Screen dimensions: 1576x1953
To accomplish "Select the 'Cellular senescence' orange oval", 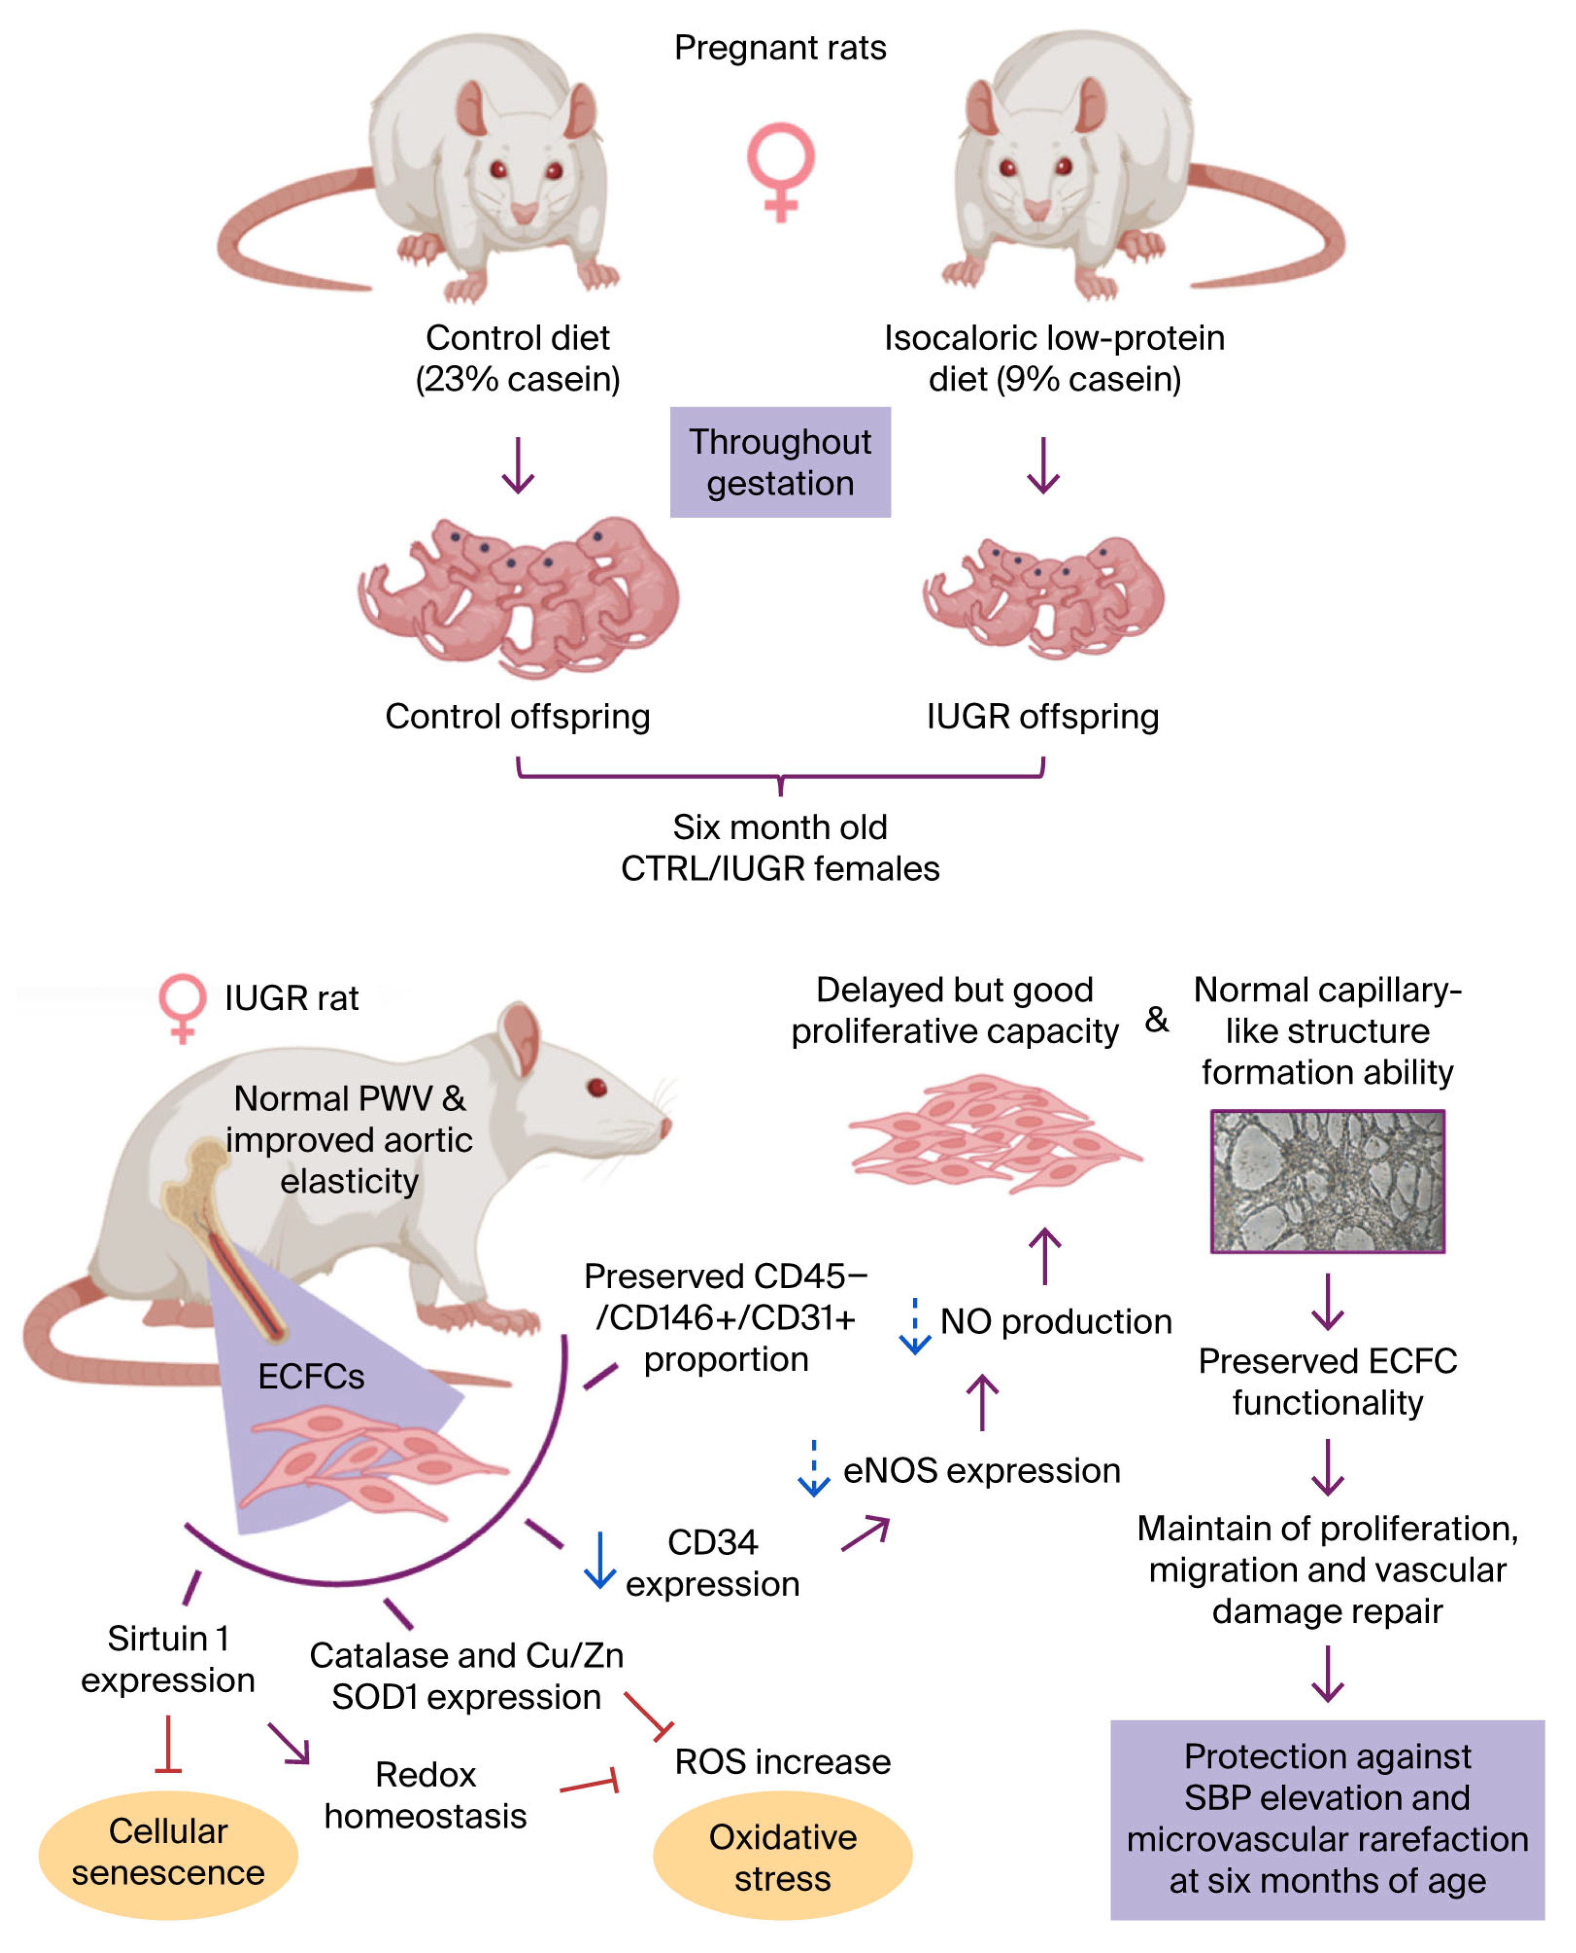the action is coord(168,1855).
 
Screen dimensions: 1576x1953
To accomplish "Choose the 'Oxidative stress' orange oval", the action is coord(783,1855).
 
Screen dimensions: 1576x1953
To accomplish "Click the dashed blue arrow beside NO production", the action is coord(914,1325).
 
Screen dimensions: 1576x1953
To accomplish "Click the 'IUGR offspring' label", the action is coord(1042,716).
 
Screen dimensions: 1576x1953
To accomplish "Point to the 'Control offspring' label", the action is coord(518,716).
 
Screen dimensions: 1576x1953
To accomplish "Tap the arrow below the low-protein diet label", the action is coord(1043,465).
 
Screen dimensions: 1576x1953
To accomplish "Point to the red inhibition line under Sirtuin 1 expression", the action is coord(168,1743).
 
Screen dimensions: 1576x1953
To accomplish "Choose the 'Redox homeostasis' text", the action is coord(426,1795).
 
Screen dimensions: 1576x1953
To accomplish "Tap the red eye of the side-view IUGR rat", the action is coord(596,1087).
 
